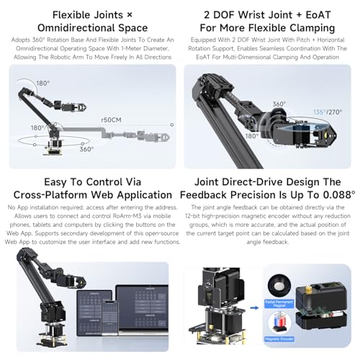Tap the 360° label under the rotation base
click(86, 150)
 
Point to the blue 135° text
click(319, 112)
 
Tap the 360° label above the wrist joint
click(279, 104)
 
